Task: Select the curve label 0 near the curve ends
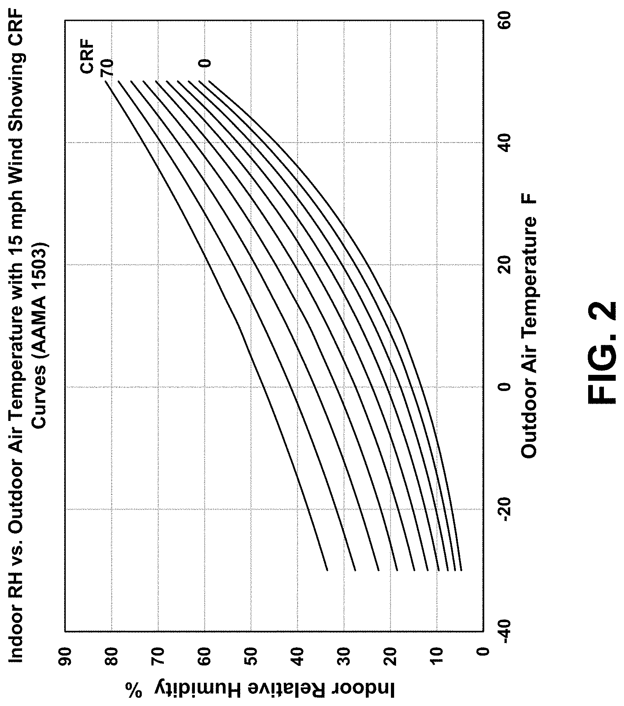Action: (205, 63)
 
